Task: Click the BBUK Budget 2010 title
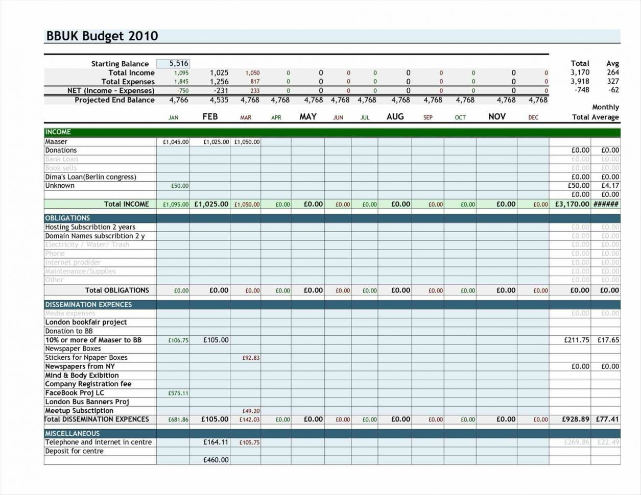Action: click(102, 36)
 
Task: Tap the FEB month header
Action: click(210, 117)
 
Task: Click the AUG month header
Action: click(395, 117)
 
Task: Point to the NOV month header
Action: click(496, 117)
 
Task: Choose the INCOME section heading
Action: click(58, 132)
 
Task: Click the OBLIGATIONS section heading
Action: click(67, 218)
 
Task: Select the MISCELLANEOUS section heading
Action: click(73, 434)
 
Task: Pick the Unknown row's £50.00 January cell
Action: click(180, 186)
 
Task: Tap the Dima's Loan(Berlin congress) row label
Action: click(90, 177)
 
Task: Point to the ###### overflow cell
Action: click(606, 204)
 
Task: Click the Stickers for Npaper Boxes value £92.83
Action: click(251, 358)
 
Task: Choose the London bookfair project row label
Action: click(86, 323)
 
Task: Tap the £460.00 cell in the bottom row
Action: click(216, 460)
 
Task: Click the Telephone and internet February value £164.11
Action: click(216, 442)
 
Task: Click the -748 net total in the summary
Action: click(582, 90)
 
